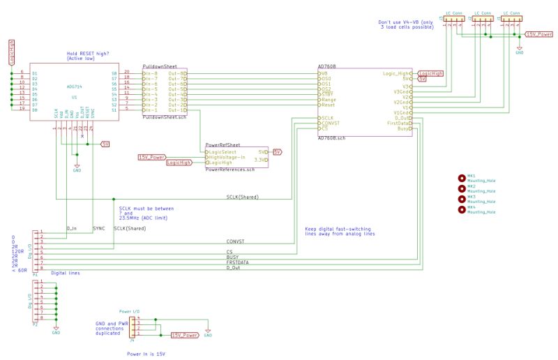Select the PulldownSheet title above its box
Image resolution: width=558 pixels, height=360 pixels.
tap(160, 65)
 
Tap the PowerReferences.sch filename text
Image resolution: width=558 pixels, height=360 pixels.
tap(230, 169)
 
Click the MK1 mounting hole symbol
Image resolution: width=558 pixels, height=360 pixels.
tap(462, 177)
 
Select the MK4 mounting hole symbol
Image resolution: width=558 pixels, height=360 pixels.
tap(462, 209)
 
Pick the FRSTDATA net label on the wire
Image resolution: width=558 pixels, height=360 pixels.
tap(239, 262)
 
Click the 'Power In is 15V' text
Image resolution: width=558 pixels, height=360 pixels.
tap(146, 354)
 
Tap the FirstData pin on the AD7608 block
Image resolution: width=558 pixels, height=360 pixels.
tap(398, 123)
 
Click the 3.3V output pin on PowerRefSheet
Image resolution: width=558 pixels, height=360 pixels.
tap(262, 160)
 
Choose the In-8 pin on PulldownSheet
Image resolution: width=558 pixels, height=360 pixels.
tap(151, 73)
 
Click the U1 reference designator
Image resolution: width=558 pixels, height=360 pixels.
tap(73, 97)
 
